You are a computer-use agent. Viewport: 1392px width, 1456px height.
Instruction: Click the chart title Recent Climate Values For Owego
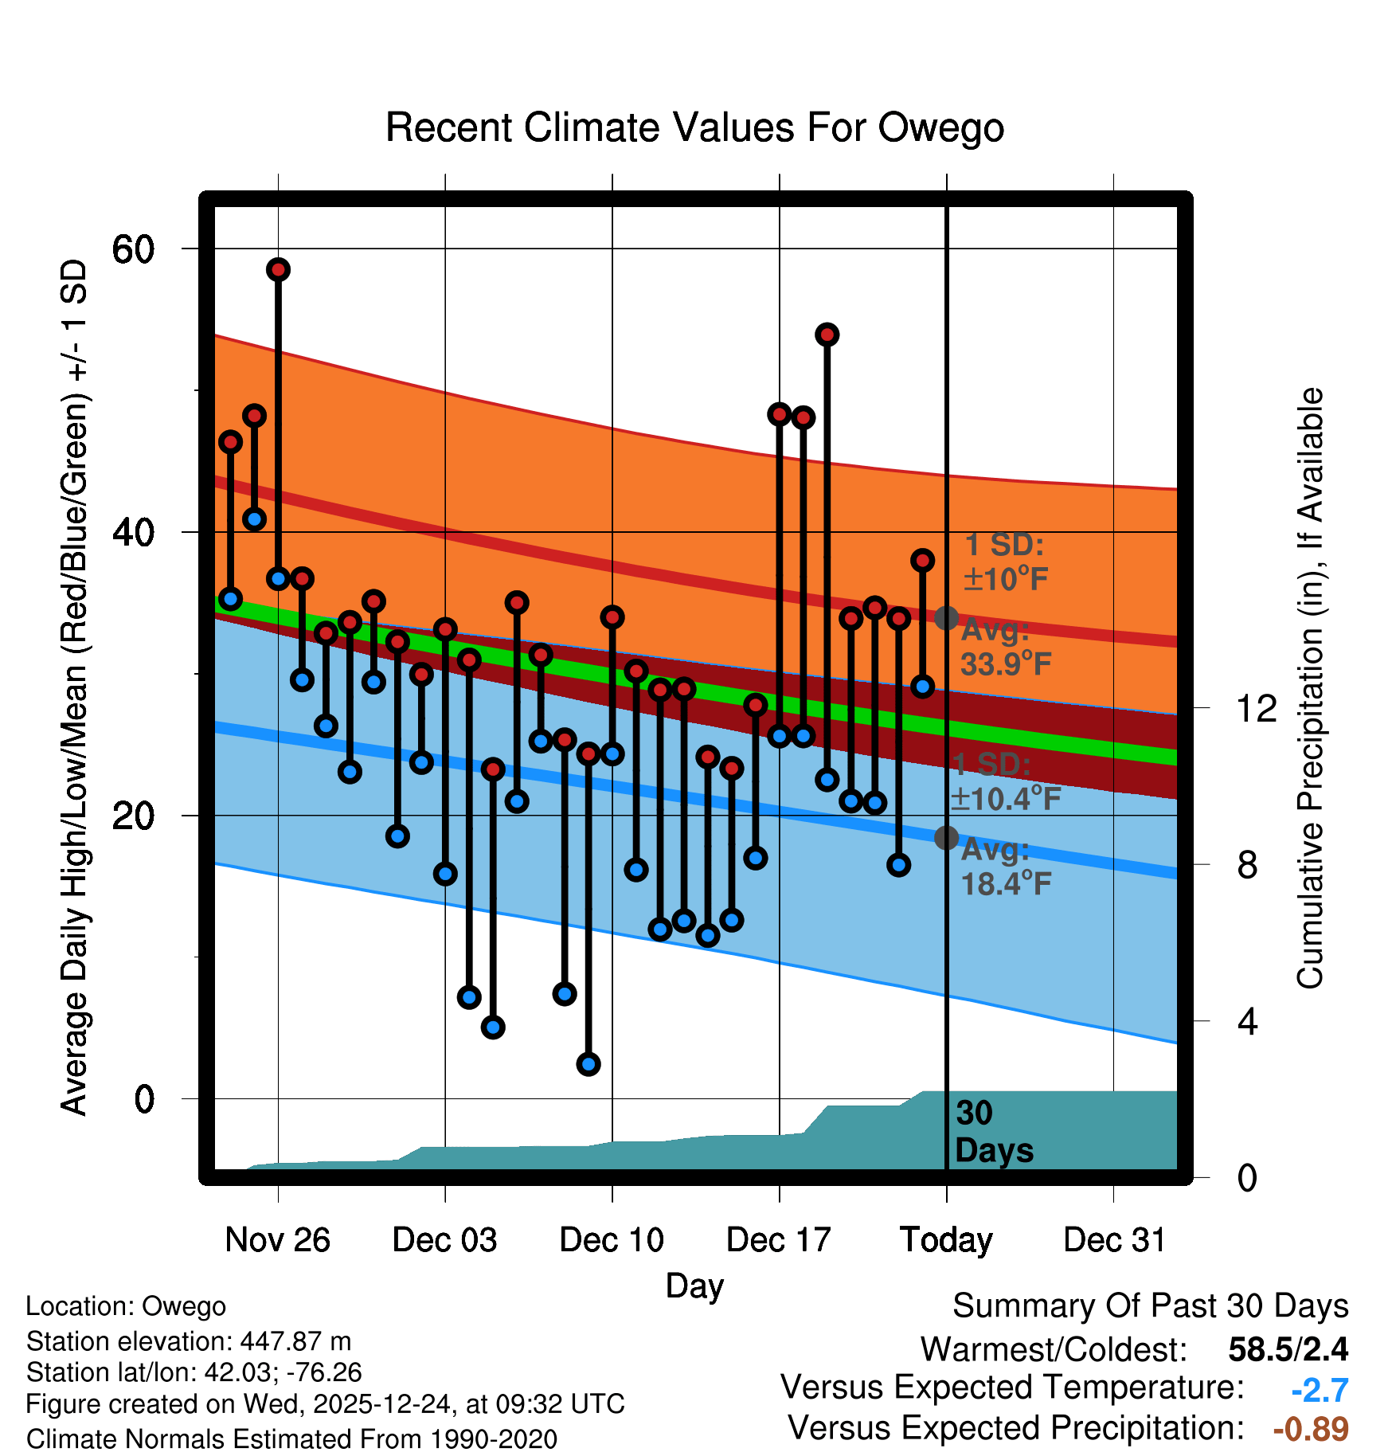(694, 127)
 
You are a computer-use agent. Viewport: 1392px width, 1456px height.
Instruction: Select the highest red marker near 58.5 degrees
(278, 270)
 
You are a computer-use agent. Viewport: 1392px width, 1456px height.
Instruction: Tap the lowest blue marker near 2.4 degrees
(588, 1063)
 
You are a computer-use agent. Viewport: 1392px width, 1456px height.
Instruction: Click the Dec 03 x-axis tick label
(444, 1240)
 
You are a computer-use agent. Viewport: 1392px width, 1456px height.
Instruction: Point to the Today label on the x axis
(946, 1240)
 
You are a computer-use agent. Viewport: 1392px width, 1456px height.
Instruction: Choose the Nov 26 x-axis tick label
(277, 1240)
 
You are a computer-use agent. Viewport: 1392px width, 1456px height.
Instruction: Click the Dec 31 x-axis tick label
(1114, 1240)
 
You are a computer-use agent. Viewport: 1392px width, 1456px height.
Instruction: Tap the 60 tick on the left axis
(133, 249)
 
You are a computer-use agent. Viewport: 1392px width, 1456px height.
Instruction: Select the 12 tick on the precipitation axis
(1256, 708)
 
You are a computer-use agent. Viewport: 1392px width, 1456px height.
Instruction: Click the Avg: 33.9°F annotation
(1005, 647)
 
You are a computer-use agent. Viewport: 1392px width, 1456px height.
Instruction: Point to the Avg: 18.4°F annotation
(1005, 867)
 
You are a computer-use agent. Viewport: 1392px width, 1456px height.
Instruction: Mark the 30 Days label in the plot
(993, 1132)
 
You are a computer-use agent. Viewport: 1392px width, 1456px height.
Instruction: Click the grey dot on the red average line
(946, 618)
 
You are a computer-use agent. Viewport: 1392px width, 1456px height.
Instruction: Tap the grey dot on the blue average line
(946, 838)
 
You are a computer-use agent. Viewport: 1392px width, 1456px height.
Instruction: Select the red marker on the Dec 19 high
(827, 335)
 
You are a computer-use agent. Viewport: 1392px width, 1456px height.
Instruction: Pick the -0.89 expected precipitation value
(1311, 1429)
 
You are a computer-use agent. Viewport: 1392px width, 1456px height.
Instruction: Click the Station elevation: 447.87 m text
(189, 1341)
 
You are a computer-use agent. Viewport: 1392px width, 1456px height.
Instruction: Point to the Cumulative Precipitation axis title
(1310, 688)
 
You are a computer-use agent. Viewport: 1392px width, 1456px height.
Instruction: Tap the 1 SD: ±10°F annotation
(1005, 562)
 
